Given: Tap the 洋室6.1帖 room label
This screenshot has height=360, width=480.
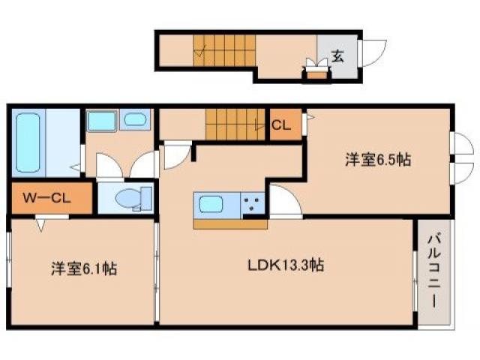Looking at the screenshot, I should coord(83,267).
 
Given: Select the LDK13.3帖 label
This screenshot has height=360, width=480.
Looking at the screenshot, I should coord(286,265).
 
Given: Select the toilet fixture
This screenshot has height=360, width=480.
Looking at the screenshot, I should coord(128,199).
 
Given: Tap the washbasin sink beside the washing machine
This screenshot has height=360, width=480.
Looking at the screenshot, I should coord(136,120).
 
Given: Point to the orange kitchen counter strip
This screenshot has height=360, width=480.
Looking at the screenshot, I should coord(230,223).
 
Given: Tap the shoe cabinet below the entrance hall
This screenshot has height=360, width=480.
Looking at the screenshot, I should coord(318,73).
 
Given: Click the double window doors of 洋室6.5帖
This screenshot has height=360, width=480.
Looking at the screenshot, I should coord(460,158).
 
